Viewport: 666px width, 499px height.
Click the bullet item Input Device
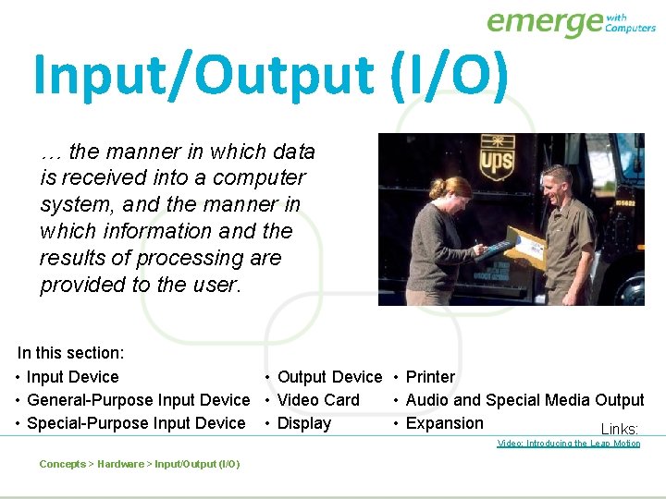(x=72, y=377)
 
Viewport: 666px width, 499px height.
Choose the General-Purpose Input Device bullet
(x=138, y=400)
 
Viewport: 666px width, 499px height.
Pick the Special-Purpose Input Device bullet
(x=136, y=423)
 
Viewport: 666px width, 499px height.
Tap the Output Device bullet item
(x=329, y=377)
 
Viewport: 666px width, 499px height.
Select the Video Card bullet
(x=318, y=400)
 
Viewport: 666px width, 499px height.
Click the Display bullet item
(x=303, y=423)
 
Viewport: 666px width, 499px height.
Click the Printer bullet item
(x=430, y=377)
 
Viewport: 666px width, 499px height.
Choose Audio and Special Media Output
(x=524, y=400)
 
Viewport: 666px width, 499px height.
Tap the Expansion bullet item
(x=444, y=423)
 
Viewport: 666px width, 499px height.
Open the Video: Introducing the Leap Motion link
(x=569, y=444)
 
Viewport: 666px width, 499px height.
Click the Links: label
(x=620, y=429)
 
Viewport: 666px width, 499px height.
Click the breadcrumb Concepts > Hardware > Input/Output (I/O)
(x=140, y=464)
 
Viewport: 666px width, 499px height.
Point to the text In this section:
(x=71, y=353)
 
